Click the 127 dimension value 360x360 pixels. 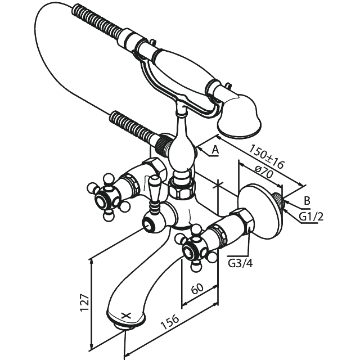click(x=84, y=301)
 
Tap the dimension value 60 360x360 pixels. click(x=197, y=289)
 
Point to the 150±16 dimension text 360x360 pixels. click(x=267, y=156)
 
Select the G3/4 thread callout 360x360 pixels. click(x=240, y=263)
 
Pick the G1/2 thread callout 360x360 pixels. click(x=311, y=216)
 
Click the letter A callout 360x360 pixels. click(x=215, y=150)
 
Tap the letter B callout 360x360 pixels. click(x=307, y=201)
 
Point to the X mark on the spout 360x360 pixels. click(x=126, y=316)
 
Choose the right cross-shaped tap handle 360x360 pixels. click(x=195, y=247)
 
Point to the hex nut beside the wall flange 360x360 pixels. click(x=243, y=220)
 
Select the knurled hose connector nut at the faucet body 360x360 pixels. click(x=163, y=145)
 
